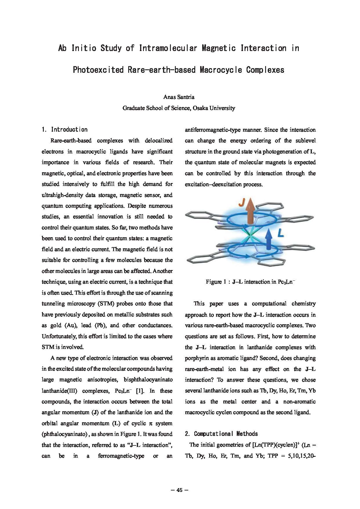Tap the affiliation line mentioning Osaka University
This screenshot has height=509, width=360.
coord(179,108)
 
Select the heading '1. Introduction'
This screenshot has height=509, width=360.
coord(65,130)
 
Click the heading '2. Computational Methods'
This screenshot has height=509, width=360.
coord(221,434)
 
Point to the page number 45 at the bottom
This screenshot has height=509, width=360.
coord(179,490)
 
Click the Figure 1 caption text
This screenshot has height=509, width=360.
coord(250,282)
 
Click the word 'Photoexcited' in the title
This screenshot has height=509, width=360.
coord(98,70)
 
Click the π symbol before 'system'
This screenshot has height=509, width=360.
coord(151,423)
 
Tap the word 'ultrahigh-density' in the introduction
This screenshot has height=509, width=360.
coord(61,195)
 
